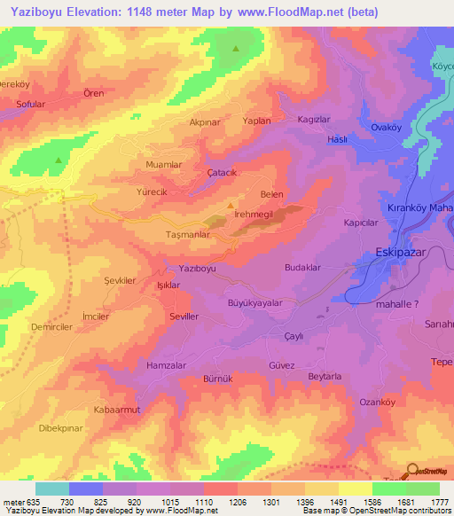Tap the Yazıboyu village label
point(198,267)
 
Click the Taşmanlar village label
point(187,235)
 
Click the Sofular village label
point(30,104)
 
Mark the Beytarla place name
point(325,376)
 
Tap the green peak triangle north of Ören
point(236,50)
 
